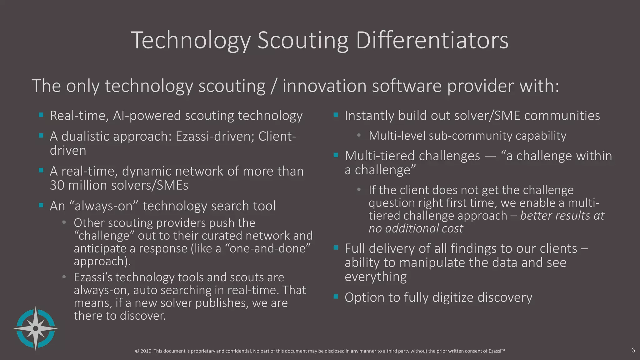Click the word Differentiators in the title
point(432,41)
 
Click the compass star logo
point(36,328)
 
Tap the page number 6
point(633,350)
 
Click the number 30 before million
point(57,185)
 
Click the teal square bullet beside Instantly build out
point(336,115)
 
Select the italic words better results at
point(562,216)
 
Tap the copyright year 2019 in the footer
point(147,351)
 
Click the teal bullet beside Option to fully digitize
point(336,296)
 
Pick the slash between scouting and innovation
point(274,86)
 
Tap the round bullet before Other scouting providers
point(64,222)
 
